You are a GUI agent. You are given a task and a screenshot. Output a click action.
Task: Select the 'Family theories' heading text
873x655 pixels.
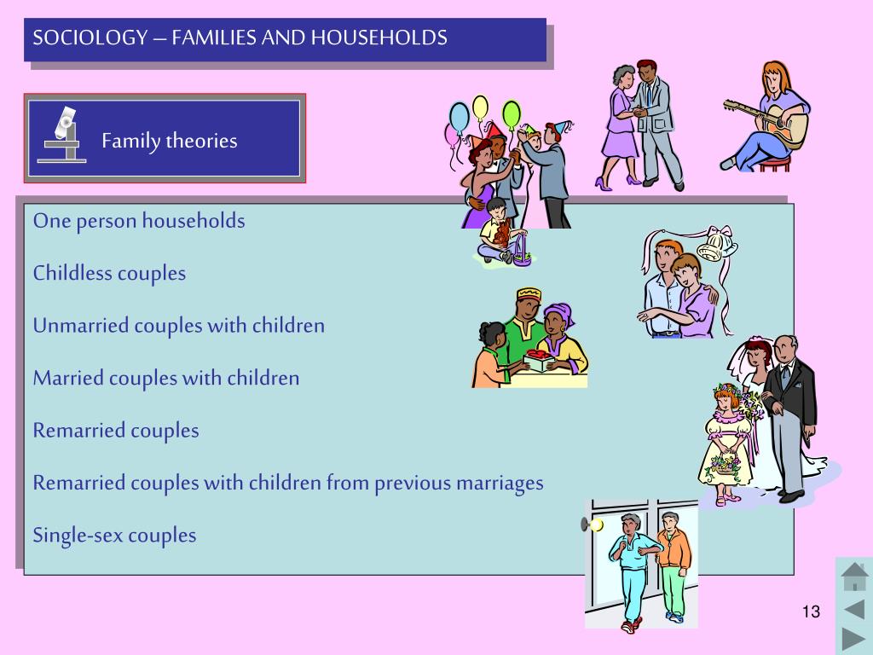click(x=169, y=141)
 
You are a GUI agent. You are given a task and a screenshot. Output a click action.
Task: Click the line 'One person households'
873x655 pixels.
click(x=139, y=221)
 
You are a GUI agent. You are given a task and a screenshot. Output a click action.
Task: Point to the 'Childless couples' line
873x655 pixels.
click(x=109, y=274)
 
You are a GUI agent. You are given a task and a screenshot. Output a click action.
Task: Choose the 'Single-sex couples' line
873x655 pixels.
click(x=114, y=536)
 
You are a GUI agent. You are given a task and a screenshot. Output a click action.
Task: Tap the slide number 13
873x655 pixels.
click(x=810, y=612)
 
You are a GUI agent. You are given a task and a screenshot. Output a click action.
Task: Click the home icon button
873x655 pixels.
click(x=853, y=577)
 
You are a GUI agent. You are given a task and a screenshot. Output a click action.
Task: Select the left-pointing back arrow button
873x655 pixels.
click(x=853, y=609)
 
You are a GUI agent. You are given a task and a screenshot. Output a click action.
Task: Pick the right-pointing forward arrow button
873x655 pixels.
click(x=853, y=638)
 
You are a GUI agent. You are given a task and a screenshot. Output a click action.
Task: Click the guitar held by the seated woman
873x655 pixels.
click(x=772, y=120)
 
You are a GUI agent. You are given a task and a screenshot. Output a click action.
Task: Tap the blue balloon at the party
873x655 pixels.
click(x=460, y=117)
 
